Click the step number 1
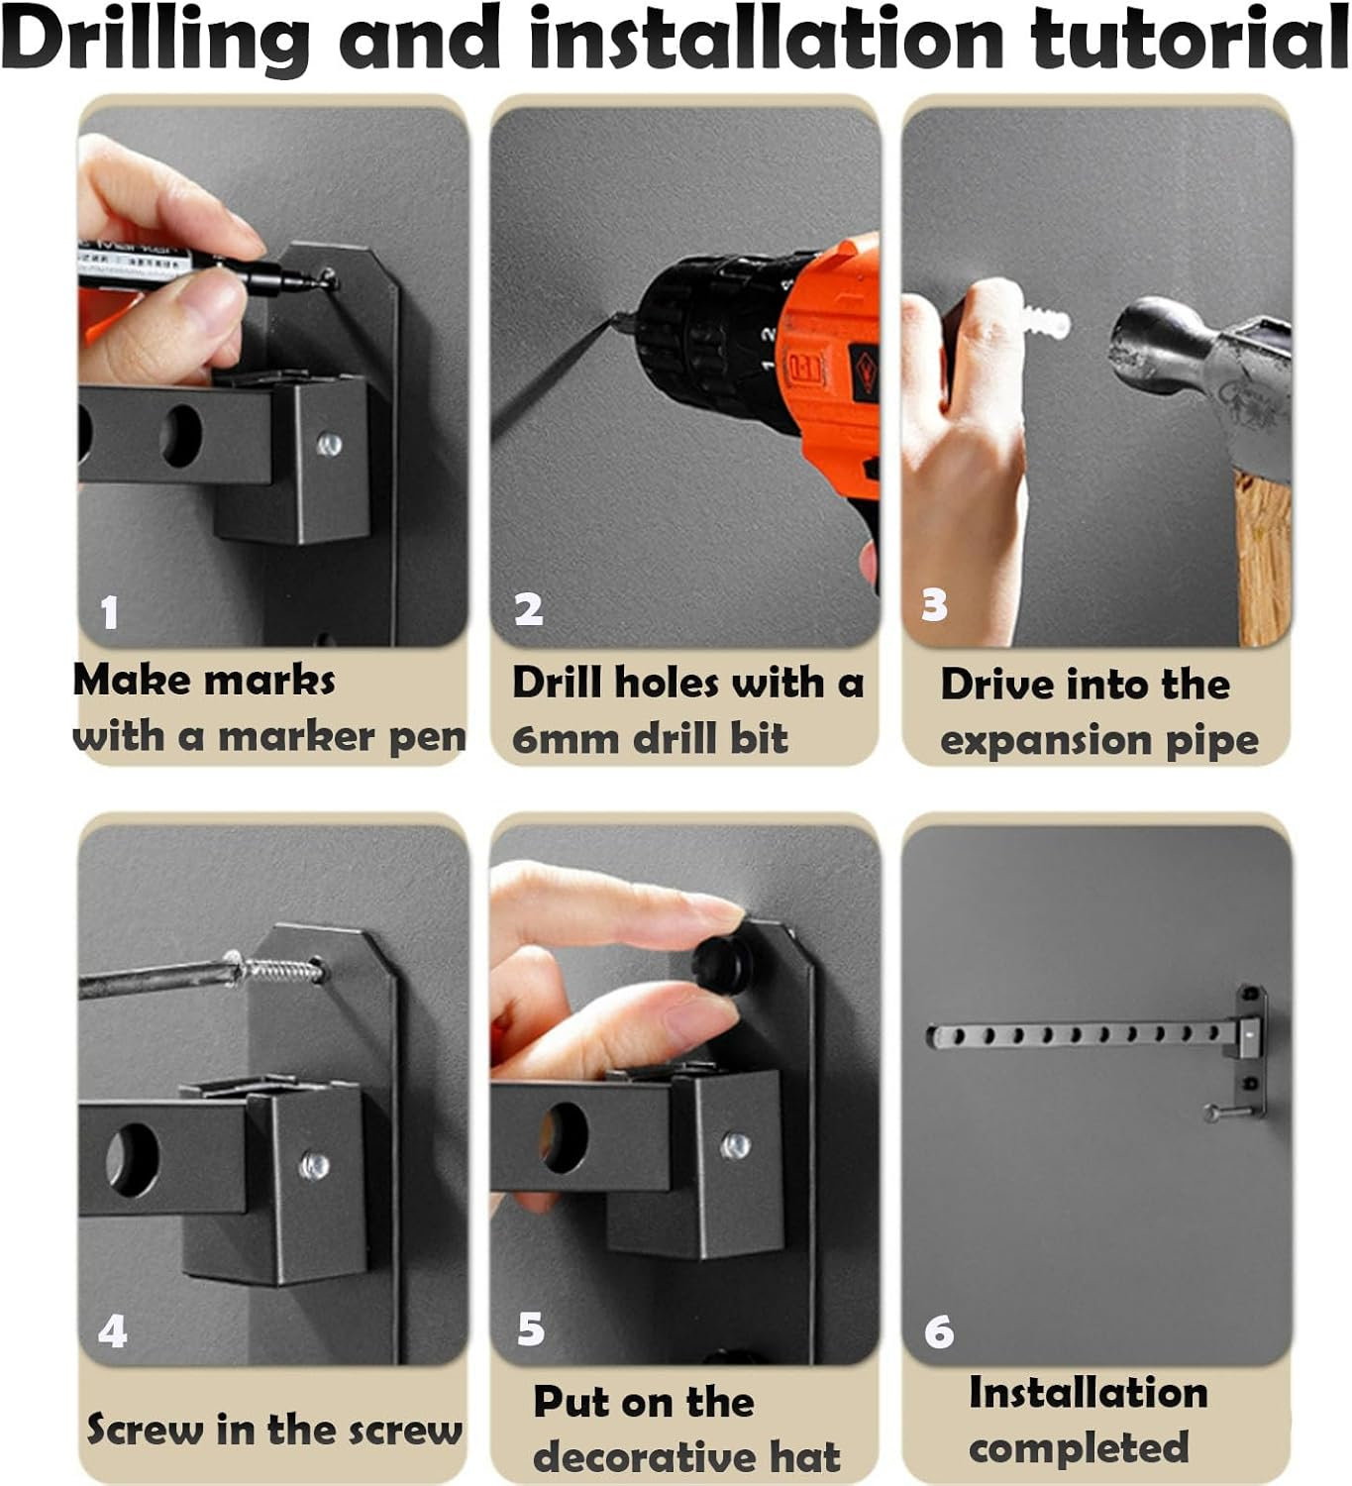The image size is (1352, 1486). pyautogui.click(x=110, y=612)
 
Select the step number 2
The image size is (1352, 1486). pyautogui.click(x=529, y=609)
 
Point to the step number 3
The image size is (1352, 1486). pyautogui.click(x=934, y=604)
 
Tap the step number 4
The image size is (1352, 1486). pyautogui.click(x=113, y=1331)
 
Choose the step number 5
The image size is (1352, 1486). pyautogui.click(x=531, y=1328)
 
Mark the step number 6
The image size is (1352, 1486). pyautogui.click(x=939, y=1331)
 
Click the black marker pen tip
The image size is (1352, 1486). pyautogui.click(x=326, y=280)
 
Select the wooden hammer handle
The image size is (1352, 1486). pyautogui.click(x=1264, y=556)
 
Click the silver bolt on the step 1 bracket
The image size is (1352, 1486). pyautogui.click(x=329, y=445)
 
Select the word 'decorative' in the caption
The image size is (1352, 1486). pyautogui.click(x=645, y=1457)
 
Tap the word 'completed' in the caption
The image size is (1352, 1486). pyautogui.click(x=1079, y=1448)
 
